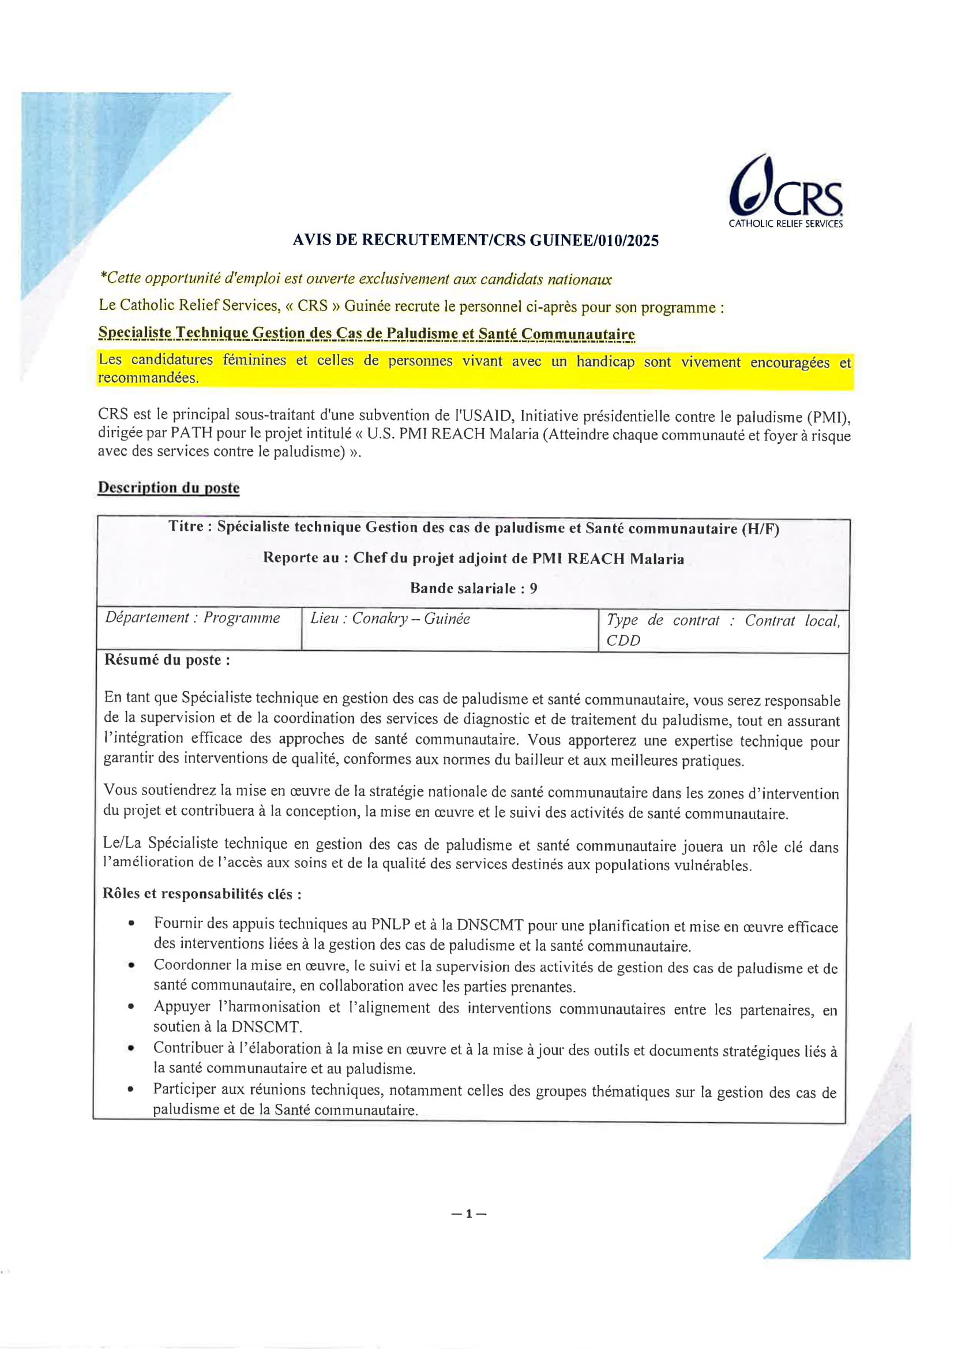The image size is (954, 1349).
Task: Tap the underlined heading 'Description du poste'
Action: [x=168, y=488]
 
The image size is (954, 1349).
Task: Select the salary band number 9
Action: [x=533, y=588]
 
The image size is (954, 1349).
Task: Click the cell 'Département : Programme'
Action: [x=193, y=618]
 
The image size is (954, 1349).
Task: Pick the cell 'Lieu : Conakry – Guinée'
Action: [x=390, y=619]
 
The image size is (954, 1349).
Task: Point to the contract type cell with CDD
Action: [x=723, y=630]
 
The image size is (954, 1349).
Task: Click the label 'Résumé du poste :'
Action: [x=167, y=661]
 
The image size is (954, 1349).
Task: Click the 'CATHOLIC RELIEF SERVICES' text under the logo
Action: [x=786, y=224]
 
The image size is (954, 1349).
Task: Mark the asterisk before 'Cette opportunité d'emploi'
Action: [x=103, y=278]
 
